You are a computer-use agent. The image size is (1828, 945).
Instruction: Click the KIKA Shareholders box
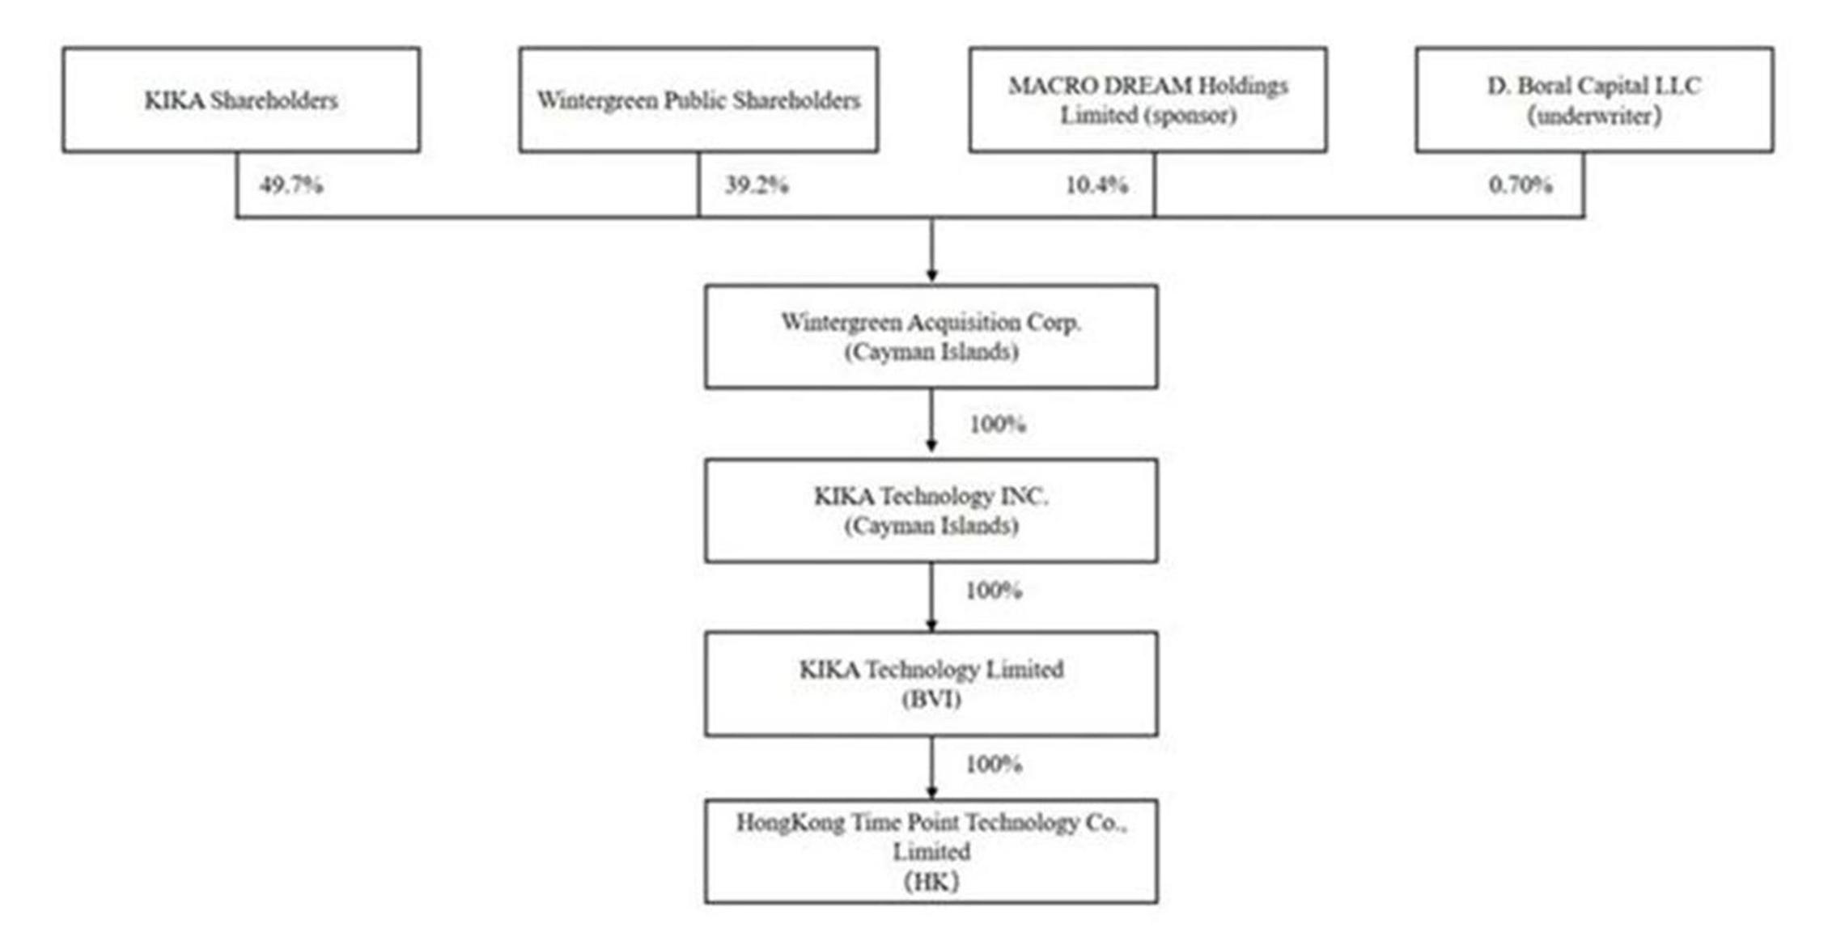point(241,100)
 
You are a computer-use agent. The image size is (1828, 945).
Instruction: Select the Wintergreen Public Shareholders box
point(698,100)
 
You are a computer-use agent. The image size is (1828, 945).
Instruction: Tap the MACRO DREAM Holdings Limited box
point(1148,100)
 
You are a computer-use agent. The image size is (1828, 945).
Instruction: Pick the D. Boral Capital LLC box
point(1594,100)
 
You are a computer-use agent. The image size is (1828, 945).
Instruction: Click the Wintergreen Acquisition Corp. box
point(931,337)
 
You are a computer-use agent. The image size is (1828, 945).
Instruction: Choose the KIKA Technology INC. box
point(931,511)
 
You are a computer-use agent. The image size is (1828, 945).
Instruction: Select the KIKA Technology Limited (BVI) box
point(931,684)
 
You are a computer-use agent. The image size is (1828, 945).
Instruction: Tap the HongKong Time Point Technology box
point(931,851)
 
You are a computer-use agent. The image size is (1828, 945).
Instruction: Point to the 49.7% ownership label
point(291,185)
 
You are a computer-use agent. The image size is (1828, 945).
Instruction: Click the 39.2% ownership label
point(757,185)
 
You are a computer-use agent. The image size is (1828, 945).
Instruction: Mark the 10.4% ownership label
point(1096,185)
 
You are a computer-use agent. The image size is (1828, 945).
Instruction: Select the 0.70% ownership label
point(1521,185)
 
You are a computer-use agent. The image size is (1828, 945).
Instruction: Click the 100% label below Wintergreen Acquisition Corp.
point(998,424)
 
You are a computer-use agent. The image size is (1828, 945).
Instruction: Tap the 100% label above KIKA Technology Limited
point(994,591)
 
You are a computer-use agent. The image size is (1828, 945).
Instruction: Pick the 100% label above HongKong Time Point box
point(994,764)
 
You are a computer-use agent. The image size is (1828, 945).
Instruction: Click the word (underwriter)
point(1594,116)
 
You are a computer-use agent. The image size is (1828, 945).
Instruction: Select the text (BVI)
point(931,699)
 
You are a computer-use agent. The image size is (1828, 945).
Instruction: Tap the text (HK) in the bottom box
point(931,882)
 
